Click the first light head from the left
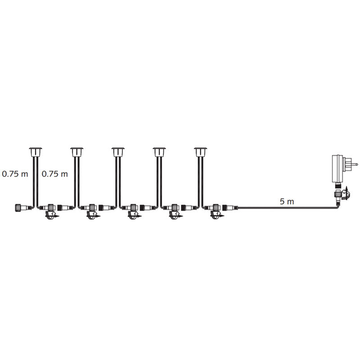[x=35, y=150]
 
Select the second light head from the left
[x=77, y=150]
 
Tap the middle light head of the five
[x=118, y=150]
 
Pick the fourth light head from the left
[x=159, y=150]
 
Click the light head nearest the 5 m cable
[x=200, y=150]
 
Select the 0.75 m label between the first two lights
[x=55, y=174]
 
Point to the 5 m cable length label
[x=287, y=202]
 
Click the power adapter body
[x=337, y=167]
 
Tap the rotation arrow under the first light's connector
[x=50, y=216]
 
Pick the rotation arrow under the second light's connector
[x=92, y=216]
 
